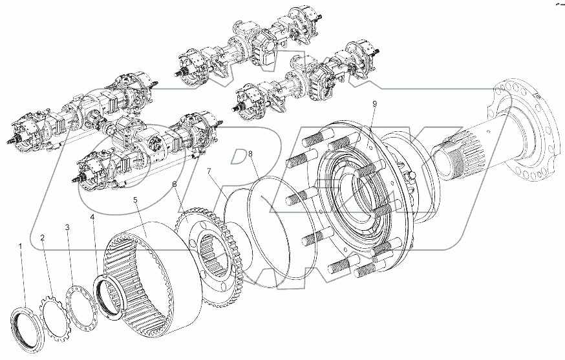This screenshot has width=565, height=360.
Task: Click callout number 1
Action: pos(20,246)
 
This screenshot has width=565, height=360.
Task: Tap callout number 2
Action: pos(43,238)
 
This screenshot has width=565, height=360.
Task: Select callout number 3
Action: pos(67,228)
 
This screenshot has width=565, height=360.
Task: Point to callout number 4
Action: pos(92,217)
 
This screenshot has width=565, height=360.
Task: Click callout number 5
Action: pos(135,200)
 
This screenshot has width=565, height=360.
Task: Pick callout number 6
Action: pos(175,184)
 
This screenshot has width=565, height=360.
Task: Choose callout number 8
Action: pos(250,153)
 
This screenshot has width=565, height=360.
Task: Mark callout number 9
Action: pos(374,104)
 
